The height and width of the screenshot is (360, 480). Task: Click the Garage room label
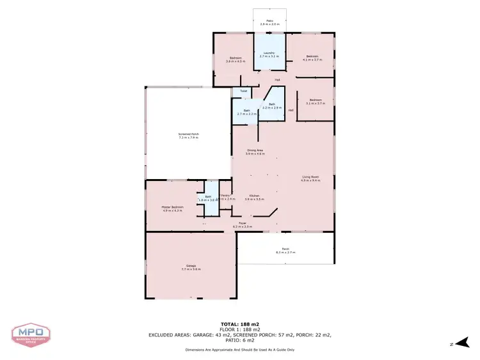click(191, 267)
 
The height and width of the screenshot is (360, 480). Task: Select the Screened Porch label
click(188, 136)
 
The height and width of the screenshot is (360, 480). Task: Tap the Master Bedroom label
click(172, 208)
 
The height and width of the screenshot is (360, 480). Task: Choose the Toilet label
click(243, 91)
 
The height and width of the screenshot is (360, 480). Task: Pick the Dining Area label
click(256, 152)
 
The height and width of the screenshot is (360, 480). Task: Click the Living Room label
click(310, 178)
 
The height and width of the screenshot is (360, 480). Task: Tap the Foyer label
click(243, 224)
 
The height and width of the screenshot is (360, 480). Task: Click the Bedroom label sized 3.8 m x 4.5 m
click(236, 60)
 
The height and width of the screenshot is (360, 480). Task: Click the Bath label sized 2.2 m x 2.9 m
click(272, 106)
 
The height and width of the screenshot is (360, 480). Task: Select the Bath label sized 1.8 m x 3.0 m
click(208, 198)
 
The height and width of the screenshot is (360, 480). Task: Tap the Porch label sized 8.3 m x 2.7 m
click(285, 251)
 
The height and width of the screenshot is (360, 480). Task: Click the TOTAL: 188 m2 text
click(240, 324)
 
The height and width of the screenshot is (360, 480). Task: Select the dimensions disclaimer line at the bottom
click(240, 350)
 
